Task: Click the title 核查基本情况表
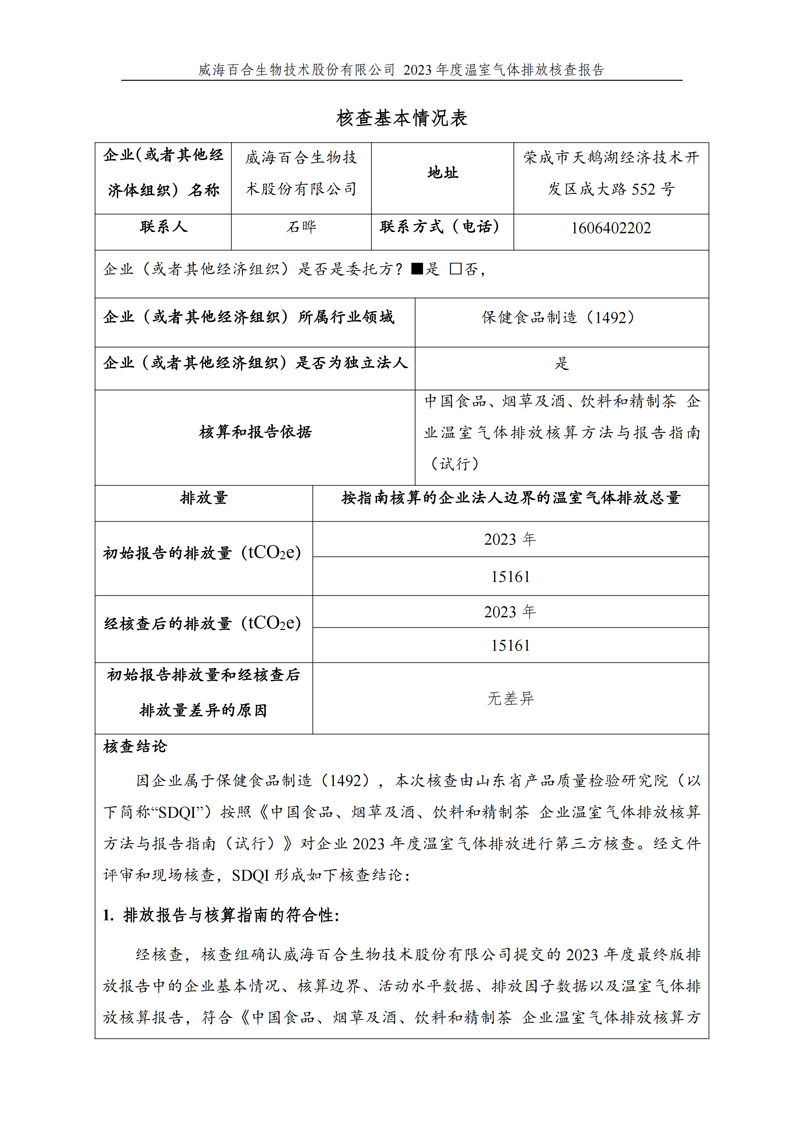pos(402,118)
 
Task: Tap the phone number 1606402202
pos(611,228)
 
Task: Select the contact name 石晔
pos(301,227)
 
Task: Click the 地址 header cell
pos(443,173)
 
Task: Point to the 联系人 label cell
pos(163,227)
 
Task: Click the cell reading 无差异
pos(510,698)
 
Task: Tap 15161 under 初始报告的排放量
pos(510,577)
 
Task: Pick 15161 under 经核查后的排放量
pos(510,645)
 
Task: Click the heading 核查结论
pos(135,746)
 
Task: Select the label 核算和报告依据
pos(255,432)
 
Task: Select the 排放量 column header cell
pos(204,498)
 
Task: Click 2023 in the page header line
pos(417,70)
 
